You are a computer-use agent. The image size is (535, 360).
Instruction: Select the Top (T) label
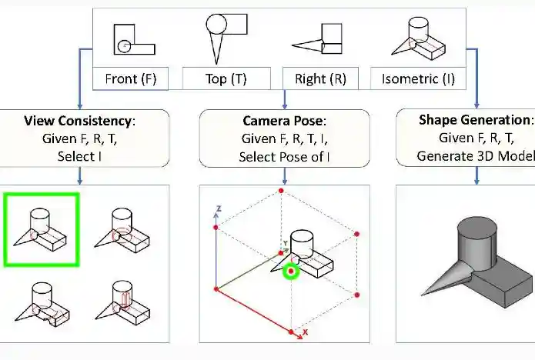coord(226,78)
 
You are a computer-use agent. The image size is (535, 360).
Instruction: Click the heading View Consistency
coord(80,121)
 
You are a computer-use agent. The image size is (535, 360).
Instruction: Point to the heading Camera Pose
coord(285,121)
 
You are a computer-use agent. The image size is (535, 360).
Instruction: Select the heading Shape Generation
coord(476,121)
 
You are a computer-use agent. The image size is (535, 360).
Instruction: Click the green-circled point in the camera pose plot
coord(291,271)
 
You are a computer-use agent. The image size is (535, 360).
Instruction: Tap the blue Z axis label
coord(219,208)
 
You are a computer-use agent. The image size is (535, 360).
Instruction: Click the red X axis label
coord(305,332)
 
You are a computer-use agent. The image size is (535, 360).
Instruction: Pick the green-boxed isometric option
coord(41,229)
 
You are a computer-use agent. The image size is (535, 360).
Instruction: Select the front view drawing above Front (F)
coord(134,40)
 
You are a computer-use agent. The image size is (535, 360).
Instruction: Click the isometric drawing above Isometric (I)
coord(416,39)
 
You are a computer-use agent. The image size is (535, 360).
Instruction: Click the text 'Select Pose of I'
coord(285,155)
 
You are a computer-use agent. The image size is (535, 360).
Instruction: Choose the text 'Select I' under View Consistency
coord(80,155)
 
